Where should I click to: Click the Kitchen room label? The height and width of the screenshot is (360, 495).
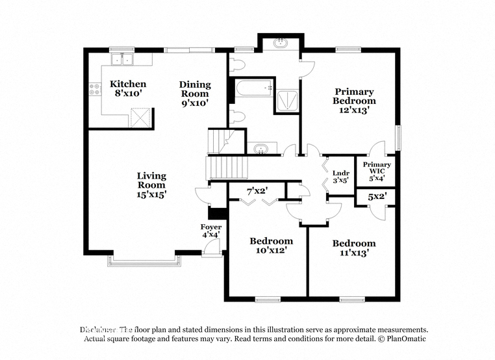click(x=127, y=88)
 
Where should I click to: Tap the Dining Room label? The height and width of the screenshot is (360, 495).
click(x=195, y=93)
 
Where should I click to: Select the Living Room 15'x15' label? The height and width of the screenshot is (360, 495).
click(x=151, y=185)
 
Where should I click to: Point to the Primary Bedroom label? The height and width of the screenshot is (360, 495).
click(x=354, y=101)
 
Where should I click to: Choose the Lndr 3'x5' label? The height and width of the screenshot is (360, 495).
click(x=340, y=176)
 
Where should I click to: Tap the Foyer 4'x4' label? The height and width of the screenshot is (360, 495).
click(x=210, y=231)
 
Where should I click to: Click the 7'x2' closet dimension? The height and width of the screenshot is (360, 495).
click(x=257, y=191)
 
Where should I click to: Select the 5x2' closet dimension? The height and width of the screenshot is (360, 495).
click(x=376, y=196)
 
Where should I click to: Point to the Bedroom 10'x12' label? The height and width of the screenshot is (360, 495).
click(x=271, y=245)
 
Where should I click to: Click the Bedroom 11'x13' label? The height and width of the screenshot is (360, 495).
click(x=354, y=248)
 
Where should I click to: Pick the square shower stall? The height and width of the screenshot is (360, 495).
click(x=286, y=100)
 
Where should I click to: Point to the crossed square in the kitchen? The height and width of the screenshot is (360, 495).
click(x=141, y=119)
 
